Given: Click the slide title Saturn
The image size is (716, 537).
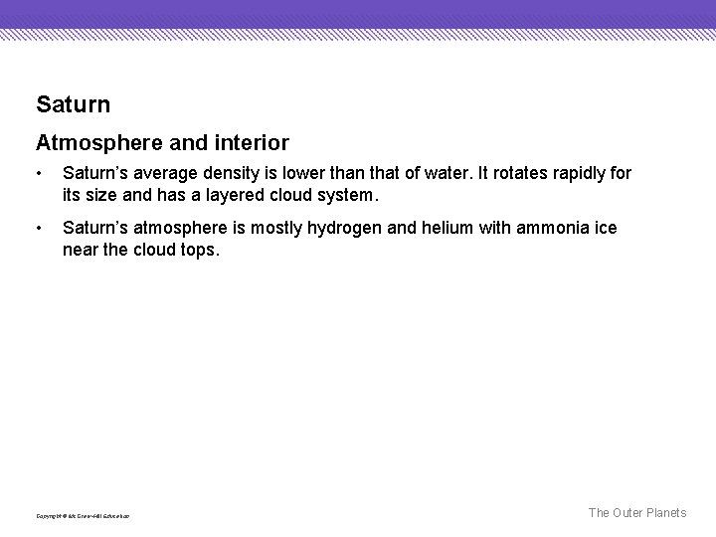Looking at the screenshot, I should pos(73,103).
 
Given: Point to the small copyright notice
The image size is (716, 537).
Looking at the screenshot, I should pos(83,515).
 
